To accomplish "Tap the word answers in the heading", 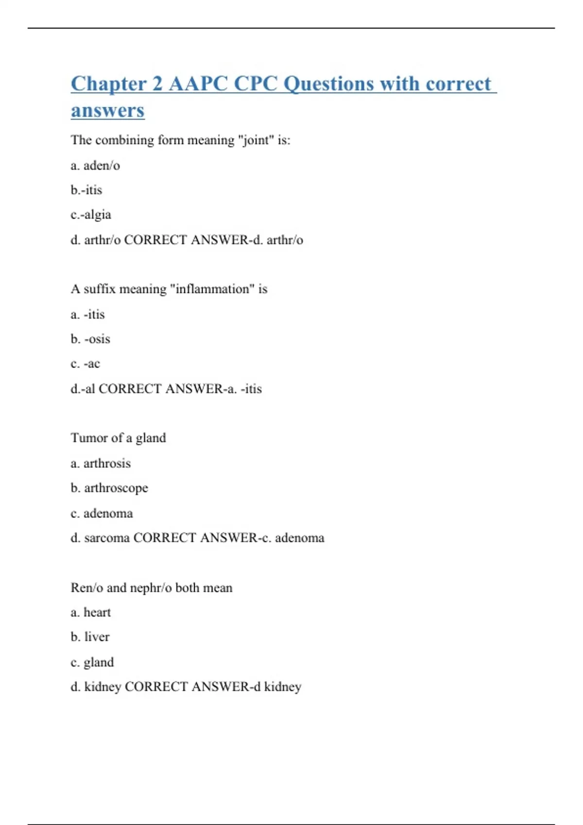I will [107, 110].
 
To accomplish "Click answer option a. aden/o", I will [95, 165].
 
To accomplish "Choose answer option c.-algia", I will [91, 214].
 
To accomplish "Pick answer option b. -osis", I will [90, 339].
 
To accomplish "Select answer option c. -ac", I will [85, 363].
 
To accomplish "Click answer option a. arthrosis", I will [101, 463].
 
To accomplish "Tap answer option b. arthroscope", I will [109, 488].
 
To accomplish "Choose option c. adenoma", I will [102, 513].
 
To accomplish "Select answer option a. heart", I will [91, 612].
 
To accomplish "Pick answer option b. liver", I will [90, 637].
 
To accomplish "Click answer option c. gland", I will [92, 662].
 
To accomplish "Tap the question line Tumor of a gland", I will [118, 438].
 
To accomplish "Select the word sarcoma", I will [107, 538].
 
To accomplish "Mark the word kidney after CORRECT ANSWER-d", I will [283, 687].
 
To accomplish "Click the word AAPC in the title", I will [198, 83].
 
